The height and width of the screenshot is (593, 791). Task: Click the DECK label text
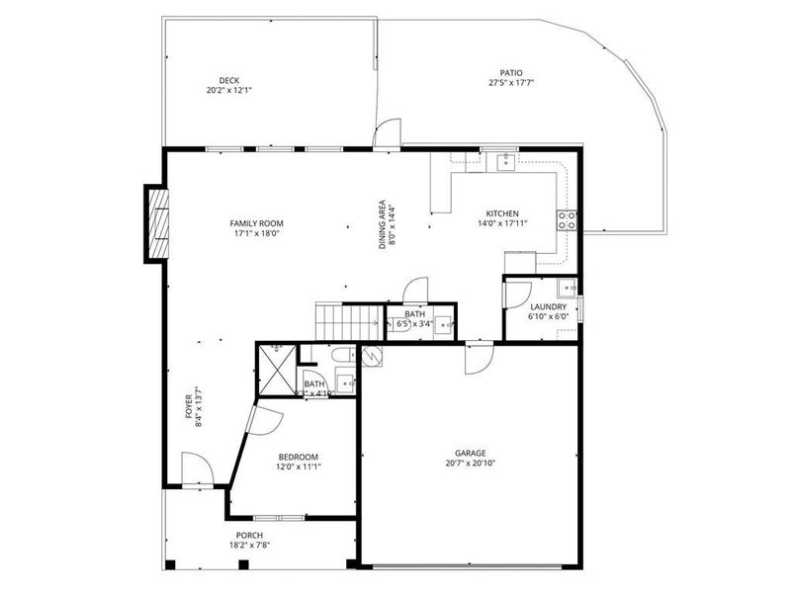pyautogui.click(x=228, y=81)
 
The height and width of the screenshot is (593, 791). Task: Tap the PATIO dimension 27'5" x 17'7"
pyautogui.click(x=510, y=83)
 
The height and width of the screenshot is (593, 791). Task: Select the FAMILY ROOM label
pyautogui.click(x=256, y=223)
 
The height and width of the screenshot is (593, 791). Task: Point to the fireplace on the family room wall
pyautogui.click(x=155, y=224)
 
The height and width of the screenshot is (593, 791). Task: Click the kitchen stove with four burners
pyautogui.click(x=568, y=220)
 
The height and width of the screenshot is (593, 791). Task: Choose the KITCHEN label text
pyautogui.click(x=502, y=213)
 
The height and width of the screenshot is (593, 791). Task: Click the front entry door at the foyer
pyautogui.click(x=195, y=467)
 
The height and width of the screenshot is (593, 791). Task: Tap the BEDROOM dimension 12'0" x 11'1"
pyautogui.click(x=298, y=466)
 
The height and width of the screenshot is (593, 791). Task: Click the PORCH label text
pyautogui.click(x=249, y=535)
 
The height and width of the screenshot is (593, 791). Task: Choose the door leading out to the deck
pyautogui.click(x=388, y=132)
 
